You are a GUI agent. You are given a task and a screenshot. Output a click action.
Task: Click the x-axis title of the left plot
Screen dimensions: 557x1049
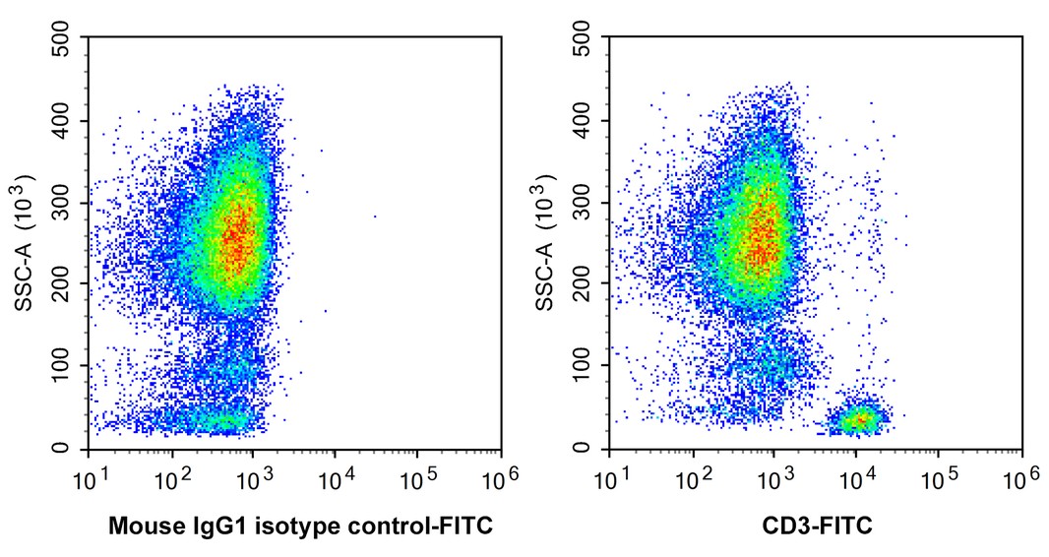[299, 526]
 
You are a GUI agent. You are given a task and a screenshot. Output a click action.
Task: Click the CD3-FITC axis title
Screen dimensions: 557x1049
[816, 526]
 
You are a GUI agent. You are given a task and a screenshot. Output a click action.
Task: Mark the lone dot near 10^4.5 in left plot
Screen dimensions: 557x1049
[375, 217]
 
